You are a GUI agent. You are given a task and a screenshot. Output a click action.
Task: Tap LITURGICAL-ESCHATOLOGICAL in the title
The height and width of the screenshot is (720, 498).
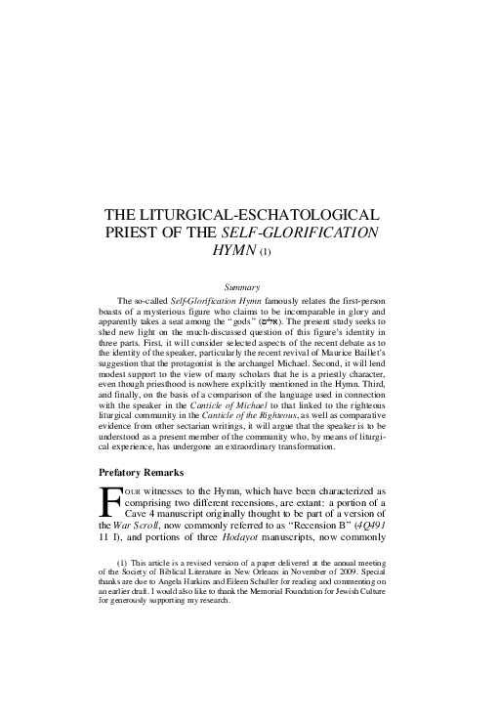click(x=276, y=214)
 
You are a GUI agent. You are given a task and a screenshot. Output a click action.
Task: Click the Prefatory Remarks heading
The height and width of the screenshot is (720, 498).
click(x=152, y=473)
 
